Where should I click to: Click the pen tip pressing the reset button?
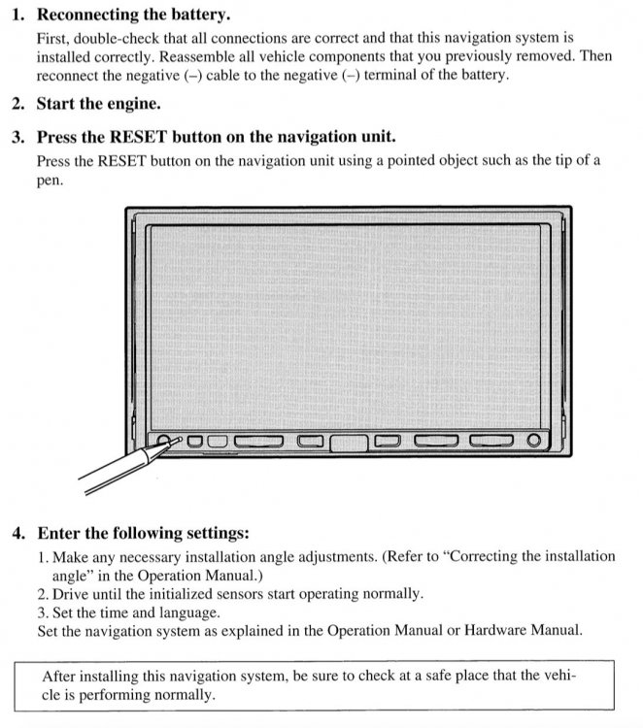pos(180,439)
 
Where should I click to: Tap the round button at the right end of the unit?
pos(534,440)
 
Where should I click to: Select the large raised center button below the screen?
pos(349,443)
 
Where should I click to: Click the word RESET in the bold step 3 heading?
pos(138,137)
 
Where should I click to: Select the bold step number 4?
pos(18,533)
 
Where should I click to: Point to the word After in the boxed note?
pos(58,676)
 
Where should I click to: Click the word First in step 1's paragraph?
pos(53,39)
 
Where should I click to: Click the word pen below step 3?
pos(50,182)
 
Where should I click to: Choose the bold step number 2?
pos(18,104)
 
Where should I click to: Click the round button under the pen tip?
pos(163,440)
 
